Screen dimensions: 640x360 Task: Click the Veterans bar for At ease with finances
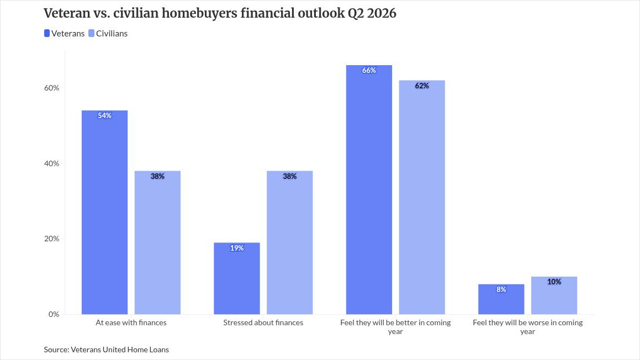tap(104, 212)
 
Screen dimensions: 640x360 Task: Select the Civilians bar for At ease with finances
tap(157, 242)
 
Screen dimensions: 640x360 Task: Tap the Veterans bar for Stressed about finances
tap(237, 278)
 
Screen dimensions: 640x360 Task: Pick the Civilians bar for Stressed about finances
tap(290, 242)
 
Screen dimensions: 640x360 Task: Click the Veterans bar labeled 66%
tap(369, 190)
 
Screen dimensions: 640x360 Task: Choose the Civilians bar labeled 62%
tap(422, 197)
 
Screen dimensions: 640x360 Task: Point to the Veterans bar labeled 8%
tap(501, 299)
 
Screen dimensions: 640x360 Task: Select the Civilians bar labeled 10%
tap(554, 295)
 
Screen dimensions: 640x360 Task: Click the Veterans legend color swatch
tap(47, 34)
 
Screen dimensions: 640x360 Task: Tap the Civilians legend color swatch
tap(92, 34)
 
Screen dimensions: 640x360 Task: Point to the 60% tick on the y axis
tap(52, 88)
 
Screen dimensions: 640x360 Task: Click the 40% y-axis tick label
tap(52, 163)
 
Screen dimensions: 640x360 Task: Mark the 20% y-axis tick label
tap(52, 239)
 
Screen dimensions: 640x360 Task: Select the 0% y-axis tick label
tap(54, 314)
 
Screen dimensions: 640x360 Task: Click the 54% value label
tap(104, 116)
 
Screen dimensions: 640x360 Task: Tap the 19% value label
tap(237, 248)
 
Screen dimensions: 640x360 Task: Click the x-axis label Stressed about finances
tap(263, 322)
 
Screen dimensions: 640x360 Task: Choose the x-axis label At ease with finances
tap(131, 322)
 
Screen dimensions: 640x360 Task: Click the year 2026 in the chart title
tap(381, 13)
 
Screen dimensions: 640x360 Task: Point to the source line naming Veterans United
tap(106, 350)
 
